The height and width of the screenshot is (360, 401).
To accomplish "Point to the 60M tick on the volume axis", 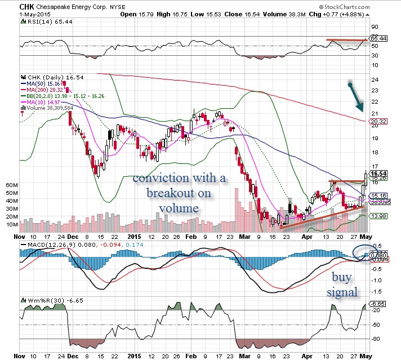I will (x=11, y=184).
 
